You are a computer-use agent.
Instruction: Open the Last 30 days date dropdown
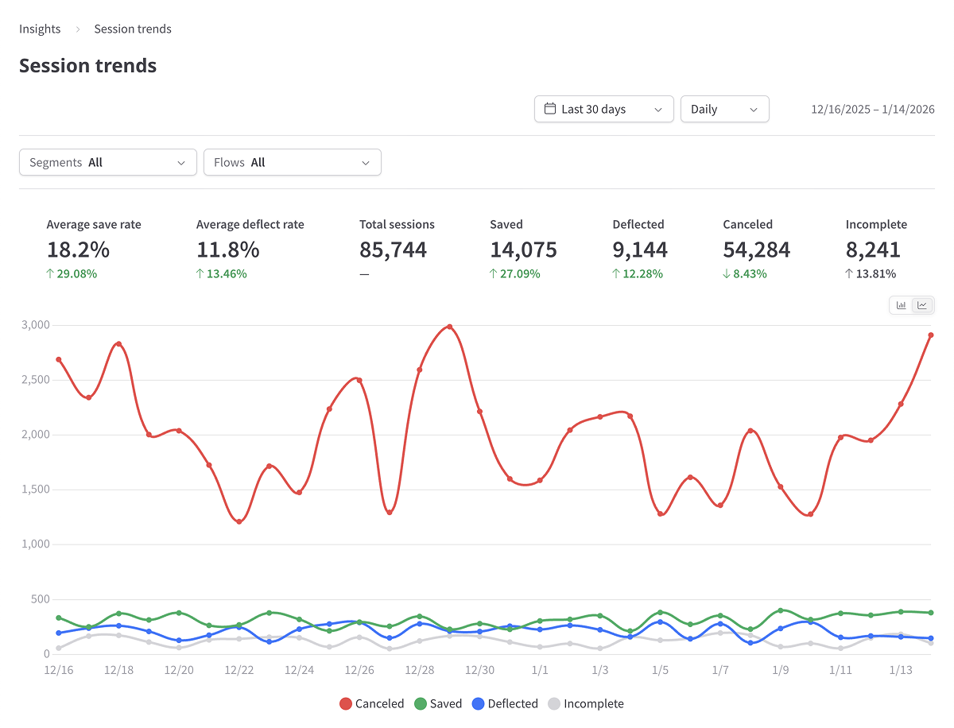click(603, 110)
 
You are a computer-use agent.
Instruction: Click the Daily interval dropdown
click(724, 110)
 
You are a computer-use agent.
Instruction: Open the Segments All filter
click(107, 163)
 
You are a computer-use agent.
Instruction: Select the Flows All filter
click(292, 163)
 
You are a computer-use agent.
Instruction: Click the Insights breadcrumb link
click(40, 29)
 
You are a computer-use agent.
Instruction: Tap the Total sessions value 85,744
click(393, 250)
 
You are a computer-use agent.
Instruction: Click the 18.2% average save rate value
click(78, 250)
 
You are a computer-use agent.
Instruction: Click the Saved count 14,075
click(523, 250)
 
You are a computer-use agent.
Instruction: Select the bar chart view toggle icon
click(902, 305)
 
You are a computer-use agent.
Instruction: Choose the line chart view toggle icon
click(922, 305)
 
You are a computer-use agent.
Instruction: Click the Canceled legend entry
click(371, 704)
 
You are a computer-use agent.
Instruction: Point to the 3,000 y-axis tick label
click(34, 325)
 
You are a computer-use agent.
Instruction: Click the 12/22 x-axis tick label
click(239, 671)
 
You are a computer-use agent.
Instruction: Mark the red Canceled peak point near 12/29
click(450, 327)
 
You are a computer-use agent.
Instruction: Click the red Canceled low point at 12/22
click(239, 521)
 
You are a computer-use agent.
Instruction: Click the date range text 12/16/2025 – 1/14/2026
click(872, 110)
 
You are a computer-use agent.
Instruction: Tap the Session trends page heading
click(87, 66)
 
